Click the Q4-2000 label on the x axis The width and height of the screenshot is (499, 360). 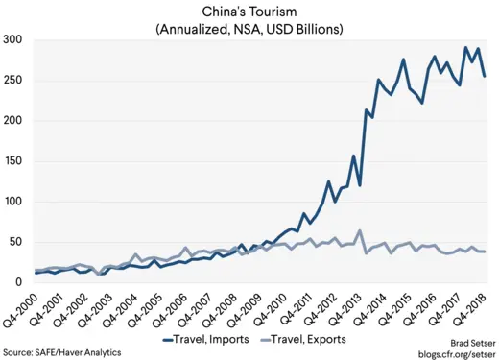pyautogui.click(x=26, y=309)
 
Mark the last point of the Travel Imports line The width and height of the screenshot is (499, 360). pyautogui.click(x=485, y=76)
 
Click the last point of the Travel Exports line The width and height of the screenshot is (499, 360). pyautogui.click(x=485, y=252)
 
